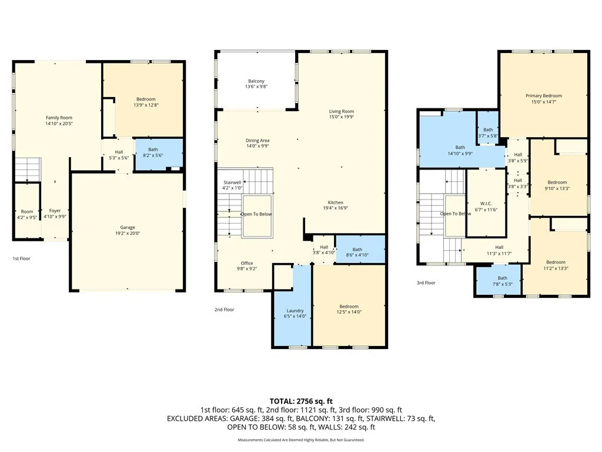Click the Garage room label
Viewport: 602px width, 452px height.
click(x=128, y=228)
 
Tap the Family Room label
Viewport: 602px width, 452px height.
click(x=59, y=118)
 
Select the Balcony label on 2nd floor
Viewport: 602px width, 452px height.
click(x=256, y=81)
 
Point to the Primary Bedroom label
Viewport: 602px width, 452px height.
click(x=543, y=96)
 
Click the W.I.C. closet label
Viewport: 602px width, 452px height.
click(x=486, y=202)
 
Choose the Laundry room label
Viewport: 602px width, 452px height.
click(x=295, y=311)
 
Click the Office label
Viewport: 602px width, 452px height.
click(x=246, y=263)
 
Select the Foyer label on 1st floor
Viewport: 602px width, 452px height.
click(x=55, y=211)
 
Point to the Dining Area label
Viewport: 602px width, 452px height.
click(x=257, y=141)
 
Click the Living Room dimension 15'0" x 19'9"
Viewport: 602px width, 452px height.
click(x=341, y=117)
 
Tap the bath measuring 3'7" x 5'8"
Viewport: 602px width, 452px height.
click(x=488, y=132)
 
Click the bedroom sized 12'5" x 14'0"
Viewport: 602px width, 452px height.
click(x=349, y=310)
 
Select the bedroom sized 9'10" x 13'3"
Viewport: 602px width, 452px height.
click(x=557, y=185)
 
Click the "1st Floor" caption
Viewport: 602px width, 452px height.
click(x=22, y=258)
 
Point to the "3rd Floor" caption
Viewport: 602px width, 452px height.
click(x=426, y=283)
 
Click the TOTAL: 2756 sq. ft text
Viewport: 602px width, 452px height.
click(x=301, y=401)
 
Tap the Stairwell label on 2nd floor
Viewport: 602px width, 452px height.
click(x=232, y=185)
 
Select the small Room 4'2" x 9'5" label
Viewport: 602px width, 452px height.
click(x=27, y=214)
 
